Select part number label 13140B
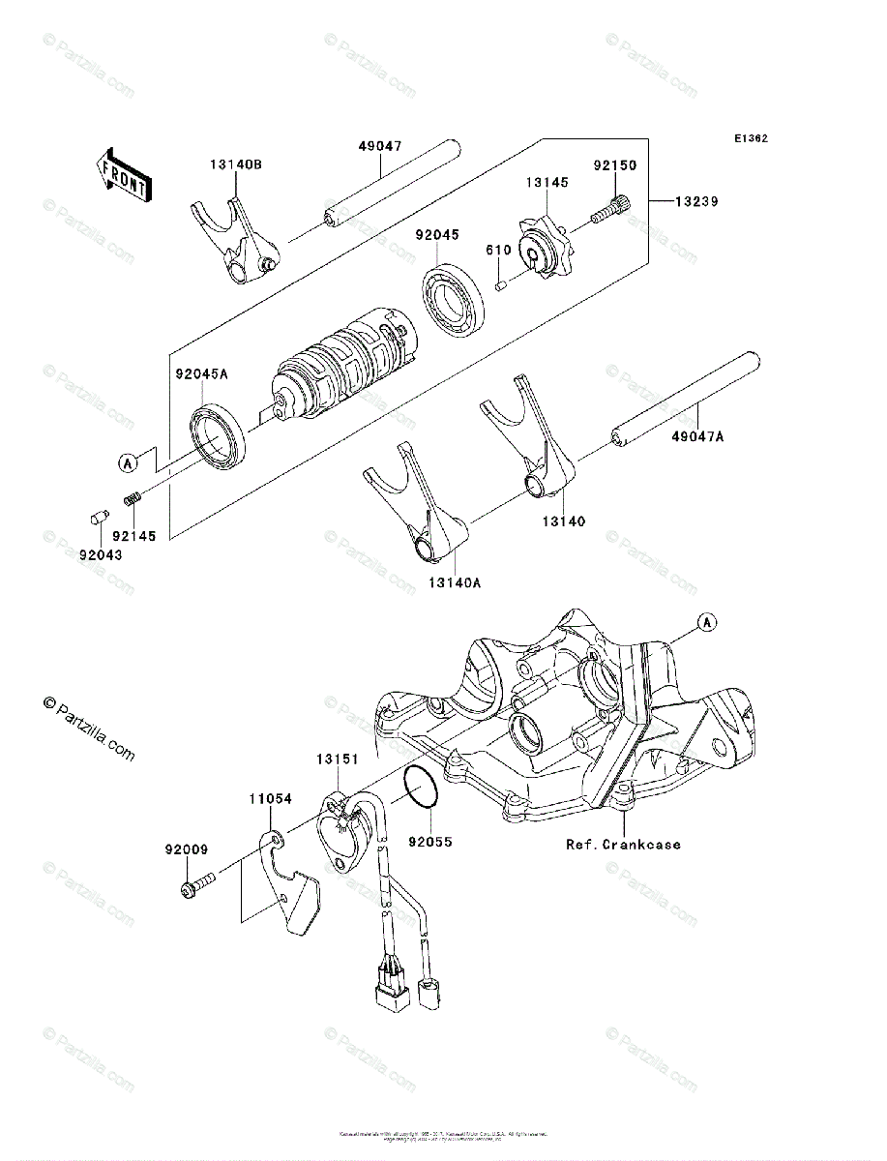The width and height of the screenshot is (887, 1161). [235, 164]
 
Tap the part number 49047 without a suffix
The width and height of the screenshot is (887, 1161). [380, 147]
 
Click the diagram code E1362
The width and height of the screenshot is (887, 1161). [750, 138]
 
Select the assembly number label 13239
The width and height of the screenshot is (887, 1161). [696, 202]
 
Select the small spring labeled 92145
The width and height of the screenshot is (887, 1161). [133, 499]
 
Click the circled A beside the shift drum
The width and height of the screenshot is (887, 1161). [127, 463]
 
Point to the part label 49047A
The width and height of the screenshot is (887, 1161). [697, 437]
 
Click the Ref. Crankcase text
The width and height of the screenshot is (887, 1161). [623, 845]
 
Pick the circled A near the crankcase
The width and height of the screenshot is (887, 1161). [707, 622]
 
